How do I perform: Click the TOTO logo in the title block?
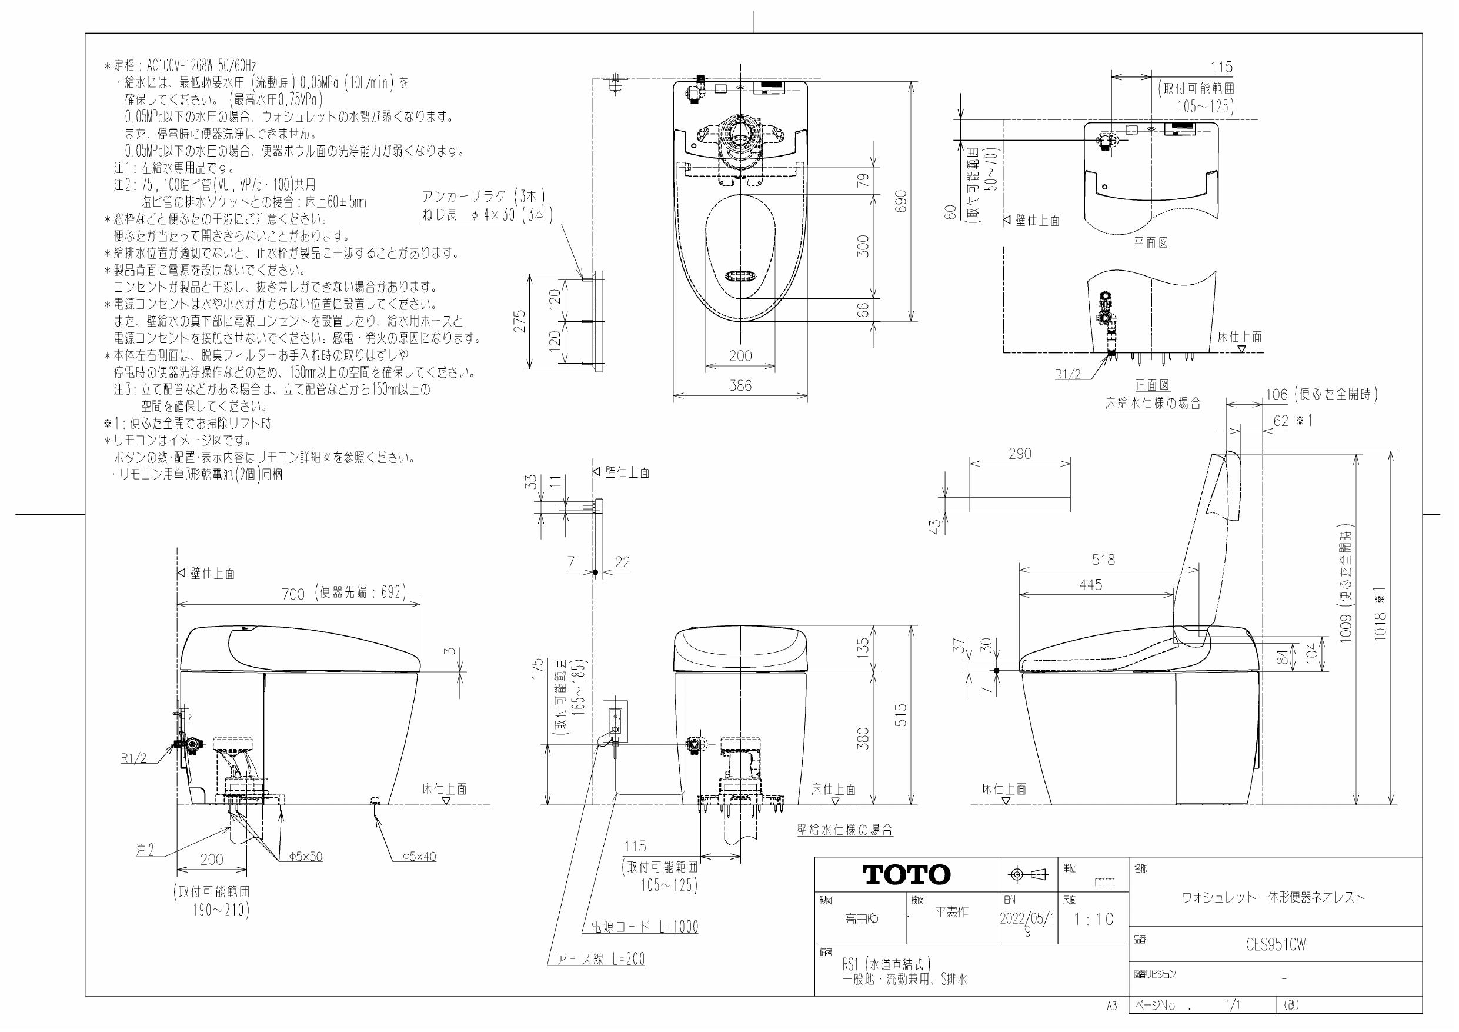click(x=907, y=875)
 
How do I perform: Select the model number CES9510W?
click(x=1276, y=945)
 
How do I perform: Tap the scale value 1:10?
click(x=1094, y=920)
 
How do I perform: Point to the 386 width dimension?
click(x=740, y=385)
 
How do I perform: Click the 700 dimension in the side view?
click(x=293, y=593)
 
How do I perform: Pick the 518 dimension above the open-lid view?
click(x=1103, y=560)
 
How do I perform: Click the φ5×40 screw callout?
click(x=419, y=857)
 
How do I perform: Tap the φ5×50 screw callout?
click(x=306, y=857)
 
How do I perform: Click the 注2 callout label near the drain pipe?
click(x=145, y=850)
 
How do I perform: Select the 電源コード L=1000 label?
click(x=645, y=927)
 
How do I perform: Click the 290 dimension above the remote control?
click(x=1020, y=454)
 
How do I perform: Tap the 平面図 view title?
click(x=1151, y=243)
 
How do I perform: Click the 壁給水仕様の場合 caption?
click(x=844, y=830)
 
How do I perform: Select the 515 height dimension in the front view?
click(x=900, y=715)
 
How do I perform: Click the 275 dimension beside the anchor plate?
click(x=520, y=321)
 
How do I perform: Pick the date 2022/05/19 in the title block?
click(x=1027, y=924)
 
